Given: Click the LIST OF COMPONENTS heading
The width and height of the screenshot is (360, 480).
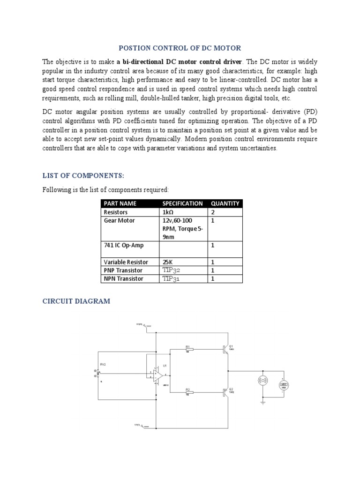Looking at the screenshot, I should click(83, 175).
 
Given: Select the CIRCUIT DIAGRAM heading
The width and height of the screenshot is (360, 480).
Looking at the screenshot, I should click(76, 301).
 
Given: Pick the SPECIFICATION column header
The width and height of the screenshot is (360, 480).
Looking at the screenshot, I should click(182, 203).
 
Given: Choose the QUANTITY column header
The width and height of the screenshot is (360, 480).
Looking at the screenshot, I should click(225, 203).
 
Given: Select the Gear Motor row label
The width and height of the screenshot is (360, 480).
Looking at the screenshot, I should click(119, 220).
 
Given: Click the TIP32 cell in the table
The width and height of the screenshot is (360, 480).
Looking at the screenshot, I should click(171, 270).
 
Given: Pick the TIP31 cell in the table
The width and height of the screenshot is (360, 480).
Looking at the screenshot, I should click(171, 279).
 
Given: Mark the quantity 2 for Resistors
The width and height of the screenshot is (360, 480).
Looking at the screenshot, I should click(213, 212).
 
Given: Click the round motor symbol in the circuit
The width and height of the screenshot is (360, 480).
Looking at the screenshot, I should click(263, 381).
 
